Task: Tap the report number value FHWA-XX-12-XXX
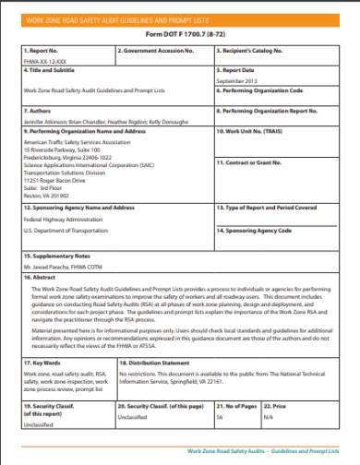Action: coord(42,61)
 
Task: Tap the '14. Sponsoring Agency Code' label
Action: coord(254,229)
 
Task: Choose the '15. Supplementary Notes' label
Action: coord(56,254)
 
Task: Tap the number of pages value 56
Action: coord(220,416)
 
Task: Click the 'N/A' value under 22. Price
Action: coord(269,416)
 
